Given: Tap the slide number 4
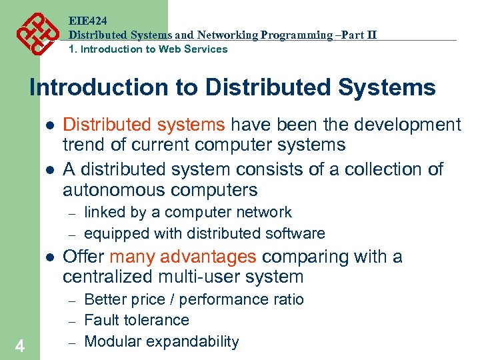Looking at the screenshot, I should tap(20, 346).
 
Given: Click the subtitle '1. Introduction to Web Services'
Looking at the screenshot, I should tap(149, 49).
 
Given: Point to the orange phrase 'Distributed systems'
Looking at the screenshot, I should tap(143, 125).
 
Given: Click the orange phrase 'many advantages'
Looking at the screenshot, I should tap(183, 257).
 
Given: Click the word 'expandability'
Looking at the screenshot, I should tap(195, 342).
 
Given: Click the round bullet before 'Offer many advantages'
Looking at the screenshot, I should tap(49, 257).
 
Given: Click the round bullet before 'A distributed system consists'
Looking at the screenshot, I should tap(49, 169).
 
